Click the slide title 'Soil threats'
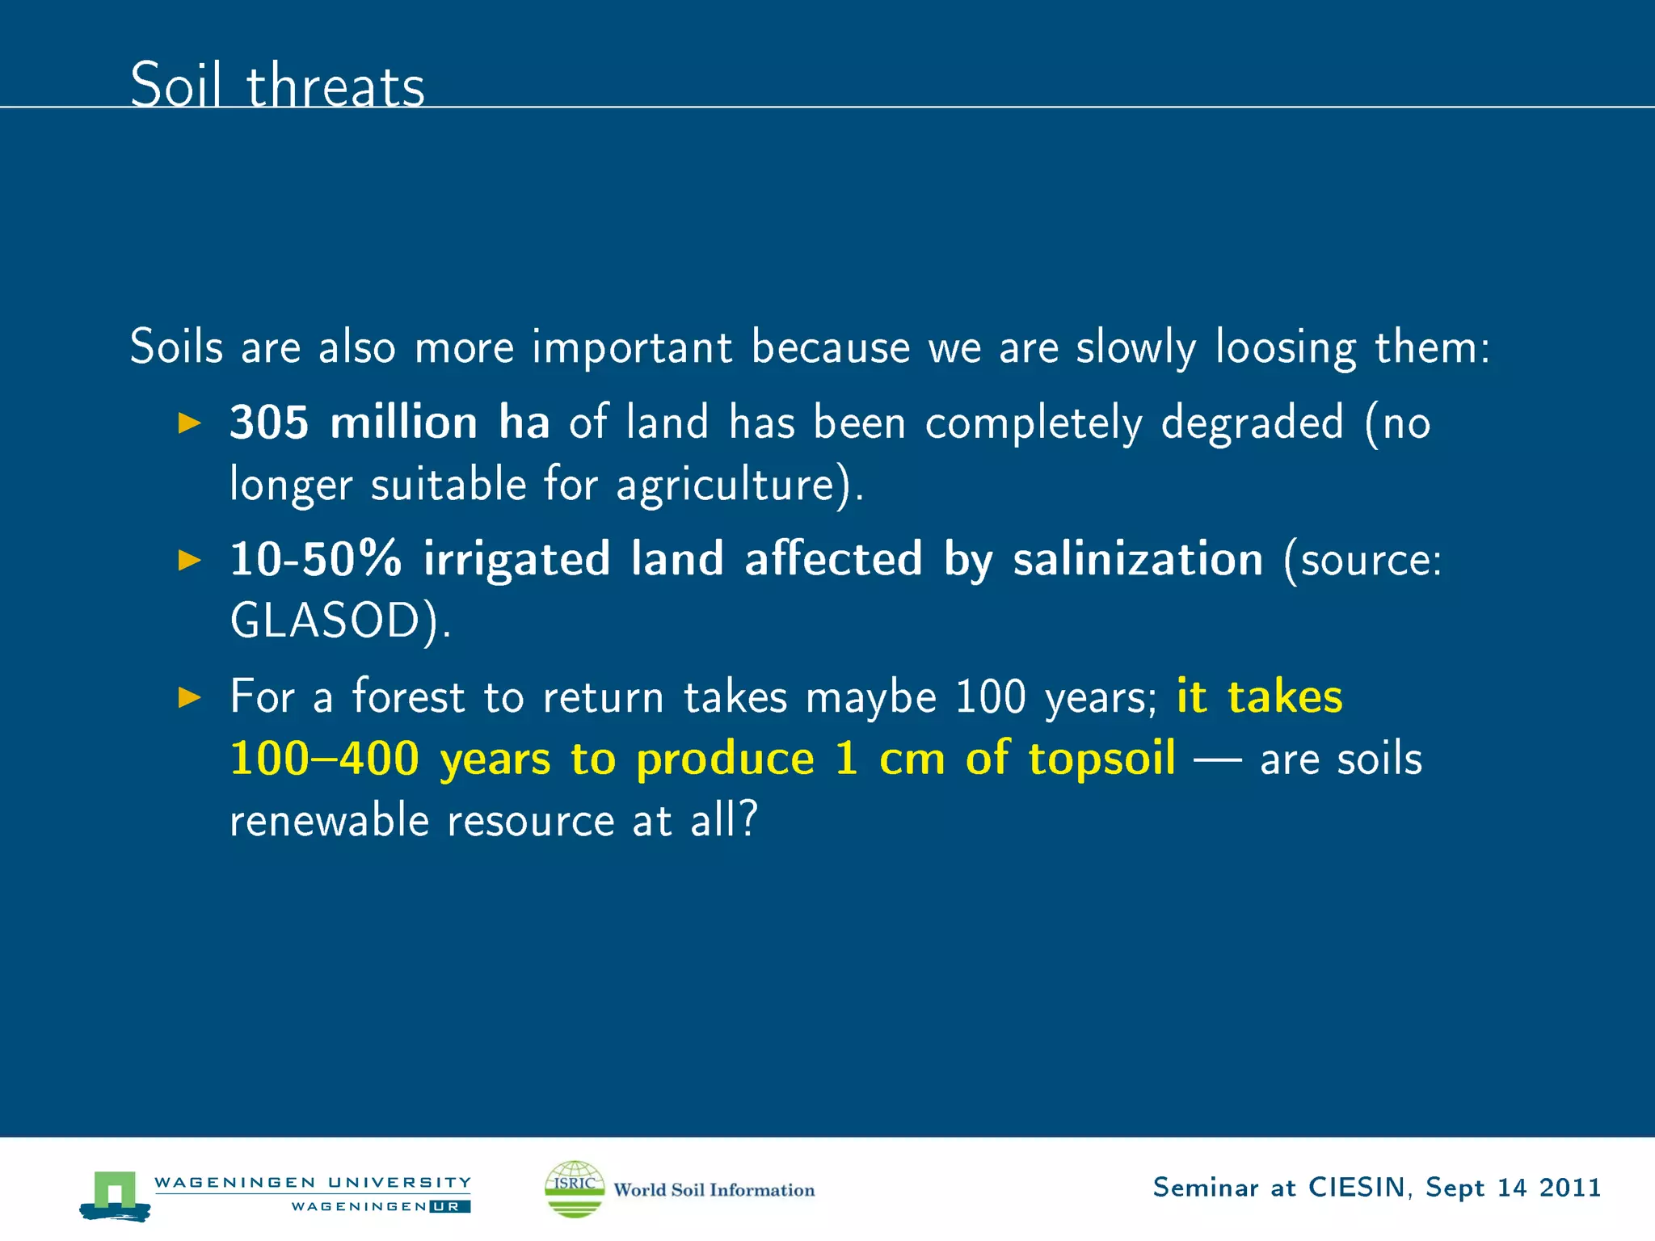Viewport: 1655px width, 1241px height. pos(277,85)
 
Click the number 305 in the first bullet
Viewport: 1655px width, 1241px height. pos(269,423)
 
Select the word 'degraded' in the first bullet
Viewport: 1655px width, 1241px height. pos(1252,423)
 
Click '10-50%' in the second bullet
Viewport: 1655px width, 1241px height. pos(315,559)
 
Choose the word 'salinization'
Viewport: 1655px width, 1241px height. pos(1138,559)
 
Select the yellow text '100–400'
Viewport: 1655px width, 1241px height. pos(324,759)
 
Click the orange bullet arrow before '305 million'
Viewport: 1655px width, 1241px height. pos(189,423)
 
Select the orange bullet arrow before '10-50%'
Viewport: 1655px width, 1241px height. pos(189,560)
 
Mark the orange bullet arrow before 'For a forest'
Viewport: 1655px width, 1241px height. pos(189,697)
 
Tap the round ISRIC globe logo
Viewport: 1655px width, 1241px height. pos(575,1188)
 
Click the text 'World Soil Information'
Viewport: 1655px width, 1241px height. pos(714,1190)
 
